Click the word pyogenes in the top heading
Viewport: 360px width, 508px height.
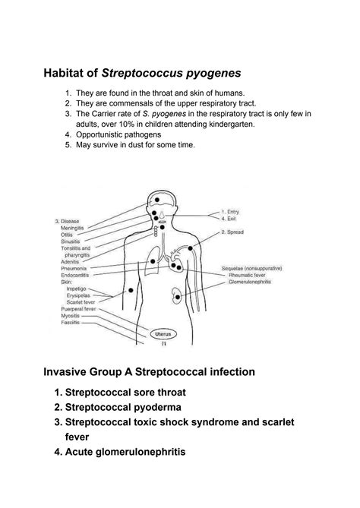tap(210, 73)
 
